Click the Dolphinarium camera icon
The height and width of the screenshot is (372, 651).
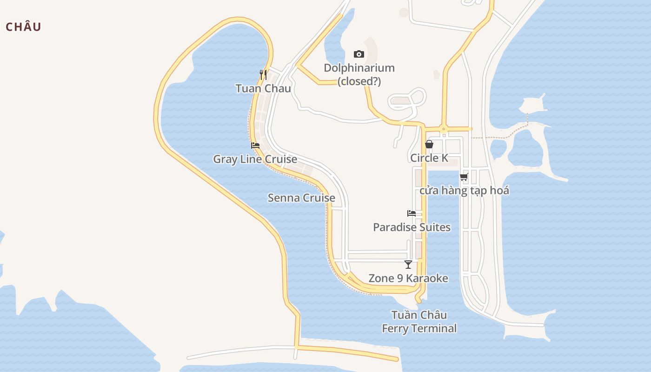[x=359, y=54]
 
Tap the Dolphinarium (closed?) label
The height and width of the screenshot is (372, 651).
[x=359, y=74]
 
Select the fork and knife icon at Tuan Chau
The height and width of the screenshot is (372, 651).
[x=263, y=74]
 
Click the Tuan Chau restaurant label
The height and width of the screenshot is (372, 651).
[x=263, y=88]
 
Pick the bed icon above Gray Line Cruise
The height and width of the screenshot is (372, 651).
[x=255, y=146]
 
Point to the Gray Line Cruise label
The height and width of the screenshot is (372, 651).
[x=255, y=159]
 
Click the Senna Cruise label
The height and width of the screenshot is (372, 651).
[x=301, y=198]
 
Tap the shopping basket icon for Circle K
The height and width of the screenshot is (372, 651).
[x=429, y=144]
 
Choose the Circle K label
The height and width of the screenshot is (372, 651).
[x=429, y=158]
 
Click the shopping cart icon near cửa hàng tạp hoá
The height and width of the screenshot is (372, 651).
[x=464, y=177]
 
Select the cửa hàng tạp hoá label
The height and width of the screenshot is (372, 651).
[x=464, y=190]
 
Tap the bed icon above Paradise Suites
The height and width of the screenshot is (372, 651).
[x=412, y=213]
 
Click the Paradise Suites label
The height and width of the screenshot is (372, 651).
[x=412, y=227]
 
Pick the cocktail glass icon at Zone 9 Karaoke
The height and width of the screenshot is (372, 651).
[x=408, y=265]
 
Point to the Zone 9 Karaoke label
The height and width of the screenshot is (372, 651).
[x=408, y=278]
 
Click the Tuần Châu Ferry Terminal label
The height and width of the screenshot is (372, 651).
[x=419, y=321]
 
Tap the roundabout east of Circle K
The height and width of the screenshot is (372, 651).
[x=444, y=129]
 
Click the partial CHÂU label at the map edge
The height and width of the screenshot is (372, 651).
[x=23, y=27]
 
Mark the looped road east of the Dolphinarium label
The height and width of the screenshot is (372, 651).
[x=407, y=99]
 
